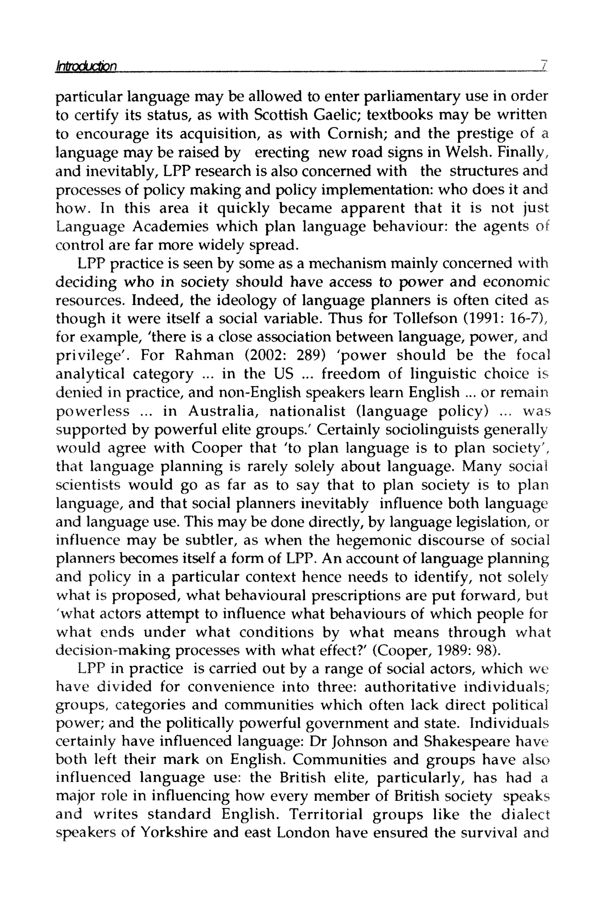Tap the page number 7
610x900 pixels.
tap(544, 65)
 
